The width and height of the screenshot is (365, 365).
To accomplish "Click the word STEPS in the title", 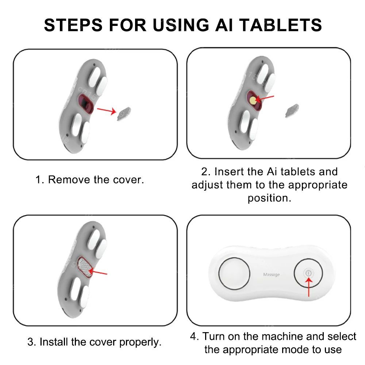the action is [x=73, y=25].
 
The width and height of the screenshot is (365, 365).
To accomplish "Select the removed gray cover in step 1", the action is [x=124, y=114].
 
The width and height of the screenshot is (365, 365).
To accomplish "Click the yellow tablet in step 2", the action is [x=253, y=100].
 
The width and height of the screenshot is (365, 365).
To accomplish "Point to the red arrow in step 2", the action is [x=265, y=99].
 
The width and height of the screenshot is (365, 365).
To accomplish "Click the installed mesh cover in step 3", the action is [x=85, y=267].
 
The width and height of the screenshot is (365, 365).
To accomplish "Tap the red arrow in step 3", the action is [x=98, y=272].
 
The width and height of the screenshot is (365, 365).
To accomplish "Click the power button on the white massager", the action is [x=308, y=273].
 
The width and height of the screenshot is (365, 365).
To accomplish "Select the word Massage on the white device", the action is [x=272, y=275].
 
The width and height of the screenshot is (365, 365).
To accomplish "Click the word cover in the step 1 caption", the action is [x=128, y=180].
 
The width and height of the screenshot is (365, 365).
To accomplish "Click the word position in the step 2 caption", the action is [x=269, y=198].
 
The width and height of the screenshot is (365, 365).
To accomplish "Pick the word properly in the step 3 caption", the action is [x=141, y=342].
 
